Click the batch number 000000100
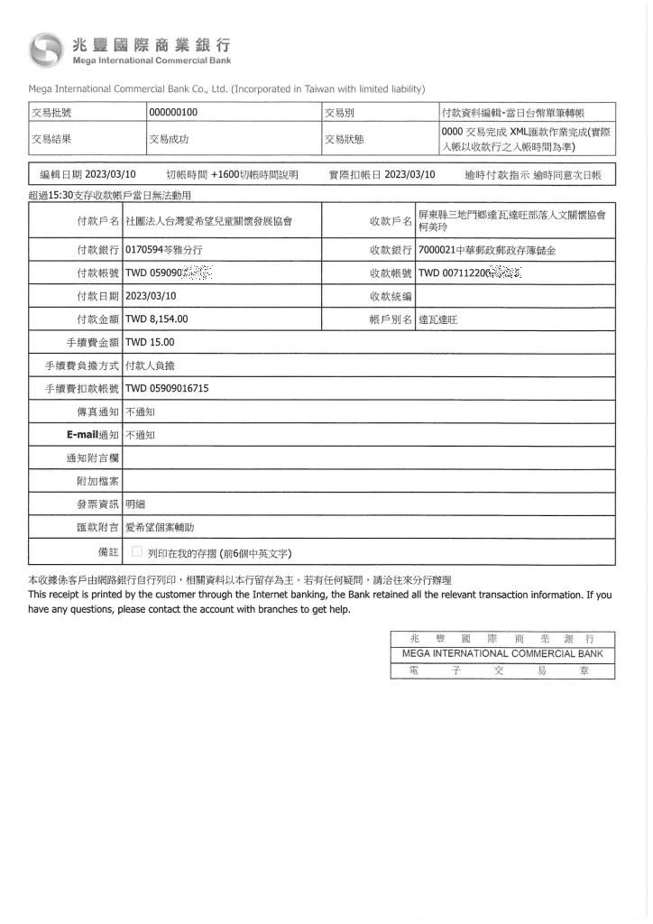coord(173,113)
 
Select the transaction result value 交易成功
coord(169,139)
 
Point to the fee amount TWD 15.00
coord(150,342)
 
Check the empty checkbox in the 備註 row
coord(137,552)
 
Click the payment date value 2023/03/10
coord(151,295)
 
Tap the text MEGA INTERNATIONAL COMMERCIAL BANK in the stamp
coord(502,654)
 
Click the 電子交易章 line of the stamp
coord(502,671)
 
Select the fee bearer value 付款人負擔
coord(150,365)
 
